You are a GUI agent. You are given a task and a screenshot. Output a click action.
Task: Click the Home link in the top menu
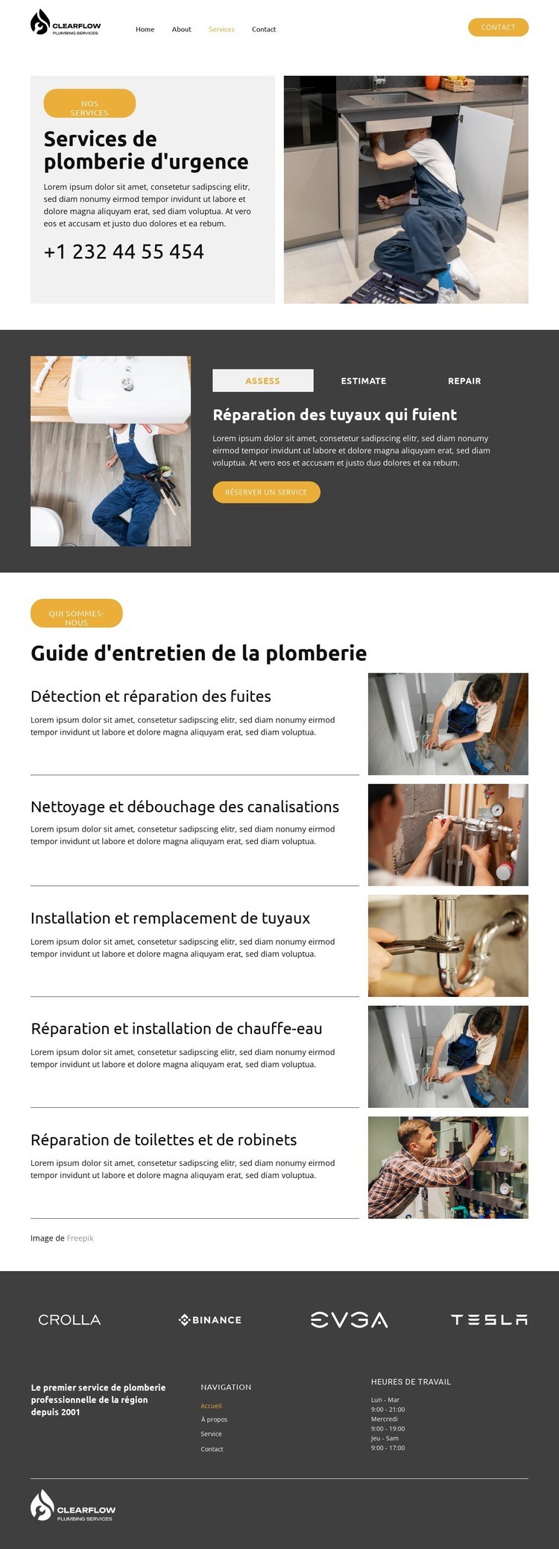coord(145,30)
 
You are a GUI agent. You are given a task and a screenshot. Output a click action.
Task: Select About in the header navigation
coord(181,30)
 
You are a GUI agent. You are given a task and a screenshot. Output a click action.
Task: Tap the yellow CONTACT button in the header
coord(498,28)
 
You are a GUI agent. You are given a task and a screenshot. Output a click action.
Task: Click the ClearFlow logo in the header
coord(66,23)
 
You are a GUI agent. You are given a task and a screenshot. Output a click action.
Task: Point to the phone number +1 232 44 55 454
coord(124,252)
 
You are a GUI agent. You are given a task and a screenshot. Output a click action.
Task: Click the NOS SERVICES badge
coord(89,104)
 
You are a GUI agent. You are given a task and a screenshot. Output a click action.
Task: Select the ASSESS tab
coord(262,381)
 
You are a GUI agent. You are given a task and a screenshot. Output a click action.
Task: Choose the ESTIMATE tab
coord(364,381)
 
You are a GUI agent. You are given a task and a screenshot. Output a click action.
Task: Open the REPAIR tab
coord(464,381)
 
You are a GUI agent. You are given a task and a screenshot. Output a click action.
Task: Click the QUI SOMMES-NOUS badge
coord(76,614)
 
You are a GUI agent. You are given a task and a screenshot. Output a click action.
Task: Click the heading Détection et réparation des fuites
coord(151,697)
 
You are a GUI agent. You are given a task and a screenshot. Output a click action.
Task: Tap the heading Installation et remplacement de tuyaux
coord(170,919)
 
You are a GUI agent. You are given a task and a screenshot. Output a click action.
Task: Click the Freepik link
coord(80,1238)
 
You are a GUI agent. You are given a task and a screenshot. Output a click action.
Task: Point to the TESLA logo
coord(489,1320)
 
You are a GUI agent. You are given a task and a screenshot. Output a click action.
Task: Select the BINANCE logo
coord(210,1320)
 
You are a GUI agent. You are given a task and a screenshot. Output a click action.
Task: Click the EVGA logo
coord(349,1320)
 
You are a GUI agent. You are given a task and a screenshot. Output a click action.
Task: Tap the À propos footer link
coord(214,1419)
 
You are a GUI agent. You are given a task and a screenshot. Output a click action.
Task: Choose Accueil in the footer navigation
coord(211,1406)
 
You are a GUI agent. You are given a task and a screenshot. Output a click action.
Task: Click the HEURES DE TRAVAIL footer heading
coord(411,1382)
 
